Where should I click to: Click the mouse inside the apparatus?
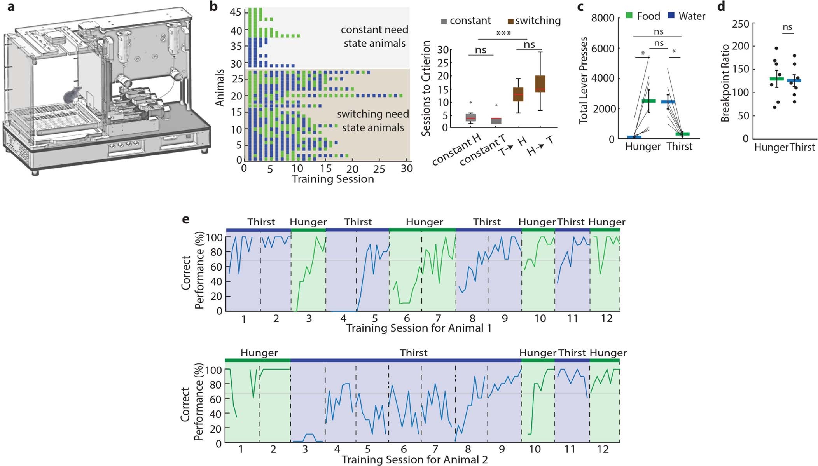pyautogui.click(x=73, y=95)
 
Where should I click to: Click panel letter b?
pyautogui.click(x=213, y=7)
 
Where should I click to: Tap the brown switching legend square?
pyautogui.click(x=511, y=21)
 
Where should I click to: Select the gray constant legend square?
pyautogui.click(x=444, y=21)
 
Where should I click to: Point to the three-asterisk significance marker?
pyautogui.click(x=503, y=34)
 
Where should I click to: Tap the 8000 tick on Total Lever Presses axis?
pyautogui.click(x=603, y=18)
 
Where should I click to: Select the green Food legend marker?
pyautogui.click(x=629, y=16)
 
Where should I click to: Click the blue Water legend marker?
pyautogui.click(x=671, y=16)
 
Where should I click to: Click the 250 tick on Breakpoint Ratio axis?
pyautogui.click(x=740, y=24)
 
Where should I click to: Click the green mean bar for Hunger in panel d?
pyautogui.click(x=776, y=79)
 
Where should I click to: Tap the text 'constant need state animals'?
pyautogui.click(x=374, y=36)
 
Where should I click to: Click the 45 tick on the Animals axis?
pyautogui.click(x=236, y=12)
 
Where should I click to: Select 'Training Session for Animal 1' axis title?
pyautogui.click(x=419, y=328)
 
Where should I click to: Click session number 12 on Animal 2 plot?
pyautogui.click(x=603, y=449)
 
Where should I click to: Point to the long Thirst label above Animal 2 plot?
pyautogui.click(x=413, y=353)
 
